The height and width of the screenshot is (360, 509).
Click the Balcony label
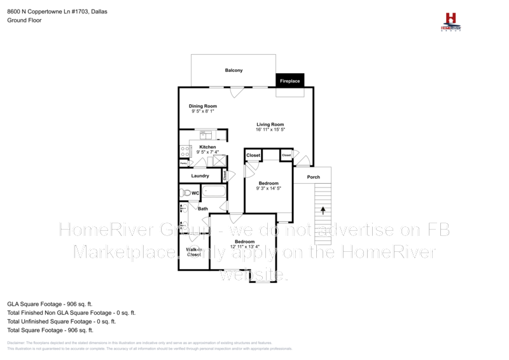click(234, 70)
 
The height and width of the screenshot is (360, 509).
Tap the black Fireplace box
click(289, 81)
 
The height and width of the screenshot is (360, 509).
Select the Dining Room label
click(203, 106)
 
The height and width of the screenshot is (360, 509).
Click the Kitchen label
click(207, 147)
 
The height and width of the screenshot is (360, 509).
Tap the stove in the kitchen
click(185, 151)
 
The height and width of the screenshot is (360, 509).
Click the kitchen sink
click(206, 134)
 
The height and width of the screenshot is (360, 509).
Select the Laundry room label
click(200, 176)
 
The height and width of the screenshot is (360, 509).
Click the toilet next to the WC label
click(186, 192)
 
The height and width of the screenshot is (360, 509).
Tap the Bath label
click(202, 209)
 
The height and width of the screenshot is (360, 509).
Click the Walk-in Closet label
click(194, 253)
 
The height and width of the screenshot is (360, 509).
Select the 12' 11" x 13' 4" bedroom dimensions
click(245, 247)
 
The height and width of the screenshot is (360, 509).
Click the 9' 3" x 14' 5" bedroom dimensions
click(268, 188)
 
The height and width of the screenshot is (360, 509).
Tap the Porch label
click(313, 177)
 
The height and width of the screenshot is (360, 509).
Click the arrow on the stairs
click(323, 209)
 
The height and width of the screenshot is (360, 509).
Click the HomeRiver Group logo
click(451, 21)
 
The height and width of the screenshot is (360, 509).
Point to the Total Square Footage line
click(50, 330)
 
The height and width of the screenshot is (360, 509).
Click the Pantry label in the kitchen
click(183, 163)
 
